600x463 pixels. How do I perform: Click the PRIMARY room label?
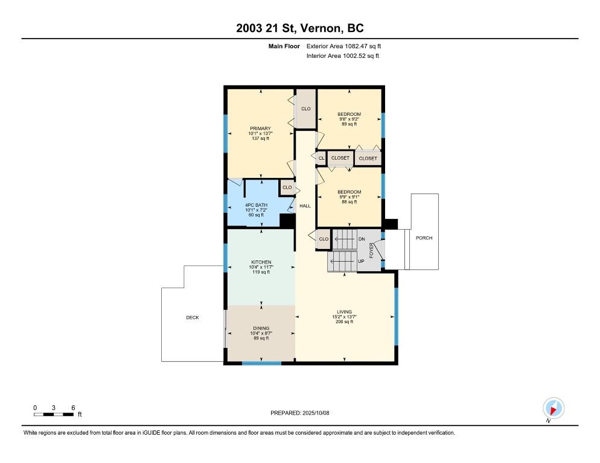260,128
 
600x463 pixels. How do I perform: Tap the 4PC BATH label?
256,206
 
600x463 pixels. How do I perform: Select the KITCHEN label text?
261,262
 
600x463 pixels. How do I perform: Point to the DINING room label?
261,329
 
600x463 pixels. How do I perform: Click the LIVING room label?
345,312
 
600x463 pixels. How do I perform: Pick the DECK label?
193,317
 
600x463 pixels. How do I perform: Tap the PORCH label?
424,238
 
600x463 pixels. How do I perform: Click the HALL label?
305,206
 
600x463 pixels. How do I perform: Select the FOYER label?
371,250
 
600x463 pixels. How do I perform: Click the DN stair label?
362,239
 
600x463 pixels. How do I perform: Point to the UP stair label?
361,261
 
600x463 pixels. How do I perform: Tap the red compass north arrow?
552,411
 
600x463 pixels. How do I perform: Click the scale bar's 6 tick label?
73,408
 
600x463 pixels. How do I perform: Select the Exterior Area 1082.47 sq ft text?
343,46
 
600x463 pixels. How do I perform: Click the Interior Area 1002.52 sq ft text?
343,56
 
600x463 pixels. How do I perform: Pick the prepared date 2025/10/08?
316,413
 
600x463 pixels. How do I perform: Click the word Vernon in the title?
321,28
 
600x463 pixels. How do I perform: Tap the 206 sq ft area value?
345,322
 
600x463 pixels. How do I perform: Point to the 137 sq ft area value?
260,139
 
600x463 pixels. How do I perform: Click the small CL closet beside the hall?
321,159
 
